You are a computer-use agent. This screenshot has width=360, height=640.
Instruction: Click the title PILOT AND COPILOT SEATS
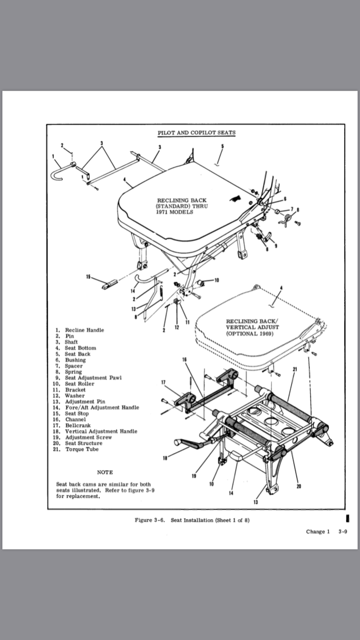click(197, 132)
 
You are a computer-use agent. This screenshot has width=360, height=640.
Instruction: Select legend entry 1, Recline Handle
click(84, 330)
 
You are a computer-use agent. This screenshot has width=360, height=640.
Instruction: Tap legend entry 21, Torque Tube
click(84, 449)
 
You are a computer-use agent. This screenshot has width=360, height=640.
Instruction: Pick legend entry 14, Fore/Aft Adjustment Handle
click(102, 407)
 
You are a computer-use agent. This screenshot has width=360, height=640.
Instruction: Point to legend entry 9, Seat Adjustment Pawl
click(93, 378)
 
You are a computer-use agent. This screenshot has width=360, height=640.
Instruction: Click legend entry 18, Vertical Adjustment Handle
click(101, 431)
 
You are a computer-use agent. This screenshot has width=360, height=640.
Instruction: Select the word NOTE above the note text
click(105, 472)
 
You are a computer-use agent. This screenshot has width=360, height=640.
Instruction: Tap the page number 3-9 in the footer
click(342, 532)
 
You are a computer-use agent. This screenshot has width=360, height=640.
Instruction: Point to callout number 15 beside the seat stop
click(88, 276)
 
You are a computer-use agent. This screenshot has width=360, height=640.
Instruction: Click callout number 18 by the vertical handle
click(166, 458)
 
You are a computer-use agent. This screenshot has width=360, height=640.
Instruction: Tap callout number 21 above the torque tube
click(294, 369)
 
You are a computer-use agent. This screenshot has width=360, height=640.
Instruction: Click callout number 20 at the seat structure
click(299, 486)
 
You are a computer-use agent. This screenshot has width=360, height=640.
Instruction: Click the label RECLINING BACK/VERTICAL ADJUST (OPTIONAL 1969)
click(252, 327)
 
